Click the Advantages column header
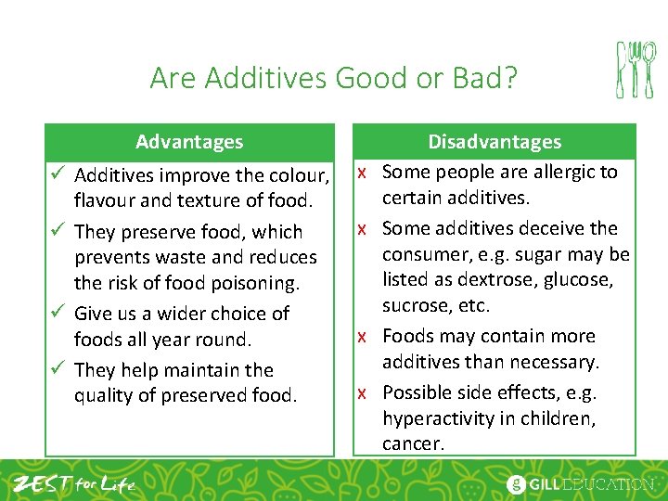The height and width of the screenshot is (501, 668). click(x=189, y=142)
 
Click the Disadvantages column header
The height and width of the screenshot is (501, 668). click(x=495, y=142)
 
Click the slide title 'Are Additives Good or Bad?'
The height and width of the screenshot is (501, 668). click(x=334, y=78)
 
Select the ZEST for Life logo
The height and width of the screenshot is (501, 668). click(x=73, y=482)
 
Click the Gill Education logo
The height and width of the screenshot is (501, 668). click(x=581, y=483)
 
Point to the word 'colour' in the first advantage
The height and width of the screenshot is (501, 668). click(x=299, y=175)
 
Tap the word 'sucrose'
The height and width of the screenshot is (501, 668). click(x=416, y=306)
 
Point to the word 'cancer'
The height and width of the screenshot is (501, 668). click(x=414, y=444)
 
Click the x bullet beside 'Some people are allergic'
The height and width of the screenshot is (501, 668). click(x=366, y=173)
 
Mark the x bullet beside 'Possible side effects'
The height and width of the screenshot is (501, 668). click(x=366, y=393)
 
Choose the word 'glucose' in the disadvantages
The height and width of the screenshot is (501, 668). click(x=577, y=280)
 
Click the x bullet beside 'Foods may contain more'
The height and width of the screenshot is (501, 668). click(x=366, y=337)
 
